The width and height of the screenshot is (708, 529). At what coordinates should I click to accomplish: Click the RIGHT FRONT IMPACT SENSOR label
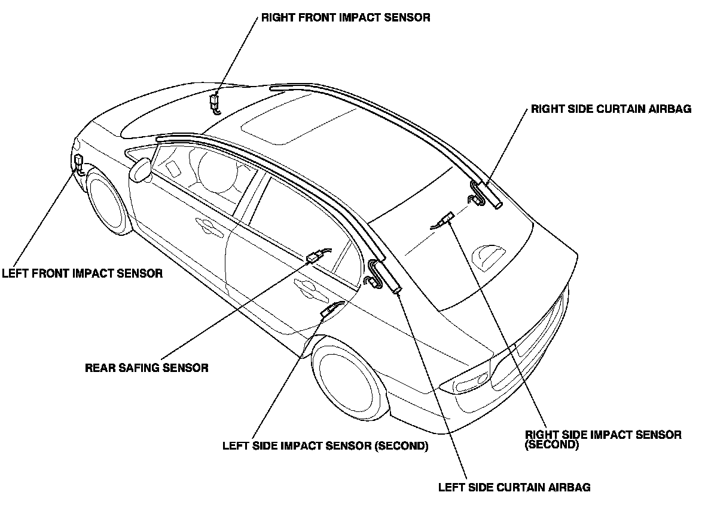tap(345, 17)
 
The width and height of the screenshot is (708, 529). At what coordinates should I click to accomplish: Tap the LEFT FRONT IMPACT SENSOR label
tap(82, 274)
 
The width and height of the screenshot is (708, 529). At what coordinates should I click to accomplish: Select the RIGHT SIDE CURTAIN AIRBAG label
tap(611, 110)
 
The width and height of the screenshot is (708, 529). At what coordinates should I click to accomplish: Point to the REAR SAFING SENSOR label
tap(147, 368)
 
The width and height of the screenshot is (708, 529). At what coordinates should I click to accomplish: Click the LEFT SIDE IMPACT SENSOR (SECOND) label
tap(325, 446)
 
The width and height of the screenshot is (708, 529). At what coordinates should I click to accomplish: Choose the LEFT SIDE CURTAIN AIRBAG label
tap(514, 487)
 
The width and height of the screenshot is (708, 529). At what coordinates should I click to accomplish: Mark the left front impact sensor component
tap(78, 161)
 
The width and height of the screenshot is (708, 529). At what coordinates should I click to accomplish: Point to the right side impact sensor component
tap(445, 220)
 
